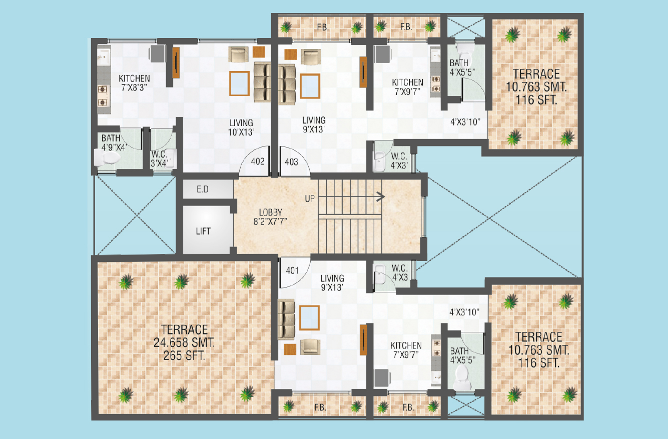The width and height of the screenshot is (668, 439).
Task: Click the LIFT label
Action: pos(203,231)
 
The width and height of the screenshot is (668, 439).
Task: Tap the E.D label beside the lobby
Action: pos(203,189)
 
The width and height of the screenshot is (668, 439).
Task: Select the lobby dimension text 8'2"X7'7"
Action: pos(270,221)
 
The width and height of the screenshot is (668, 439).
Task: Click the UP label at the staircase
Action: pos(310,199)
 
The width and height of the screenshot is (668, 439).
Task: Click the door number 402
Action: pos(258,161)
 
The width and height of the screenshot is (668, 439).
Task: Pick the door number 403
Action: pos(291,162)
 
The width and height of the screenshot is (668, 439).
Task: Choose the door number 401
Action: pos(292,270)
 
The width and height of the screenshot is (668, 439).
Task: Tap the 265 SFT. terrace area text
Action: pos(184,355)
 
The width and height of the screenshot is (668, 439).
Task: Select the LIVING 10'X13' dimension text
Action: pos(241,127)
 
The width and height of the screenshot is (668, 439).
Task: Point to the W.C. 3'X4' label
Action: pos(159,159)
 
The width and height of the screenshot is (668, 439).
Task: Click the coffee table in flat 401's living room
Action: pos(310,317)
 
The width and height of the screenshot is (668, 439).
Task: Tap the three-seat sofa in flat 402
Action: pos(262,82)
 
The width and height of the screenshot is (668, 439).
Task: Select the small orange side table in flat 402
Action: pos(259,52)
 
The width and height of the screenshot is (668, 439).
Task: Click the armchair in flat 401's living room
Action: pos(310,347)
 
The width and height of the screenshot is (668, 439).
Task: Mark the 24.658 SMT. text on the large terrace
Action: pos(184,342)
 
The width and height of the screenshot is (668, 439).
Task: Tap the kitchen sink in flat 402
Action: pos(104,55)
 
